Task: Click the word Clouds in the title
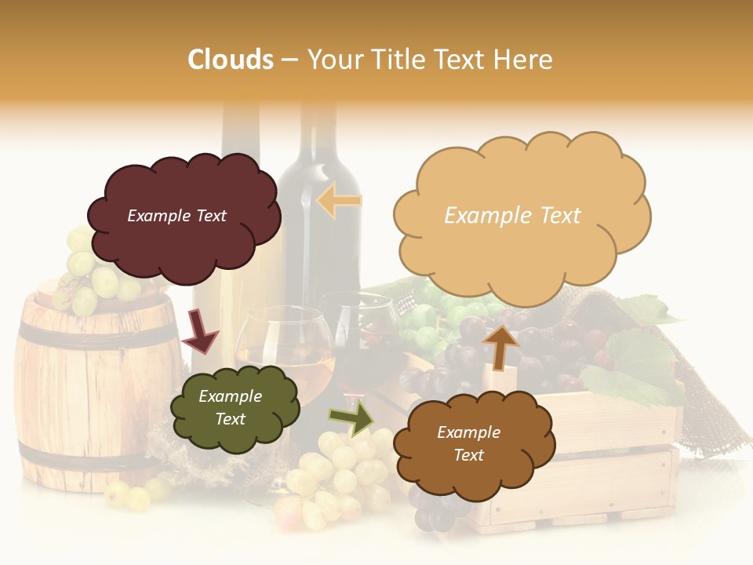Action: (231, 60)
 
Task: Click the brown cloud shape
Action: (474, 471)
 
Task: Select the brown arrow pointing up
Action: (500, 347)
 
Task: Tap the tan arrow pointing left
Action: (340, 201)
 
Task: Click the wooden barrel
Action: (86, 392)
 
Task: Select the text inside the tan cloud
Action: (512, 216)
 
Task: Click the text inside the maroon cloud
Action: (176, 216)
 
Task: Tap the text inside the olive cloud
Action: (230, 408)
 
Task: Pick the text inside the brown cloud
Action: (468, 443)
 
